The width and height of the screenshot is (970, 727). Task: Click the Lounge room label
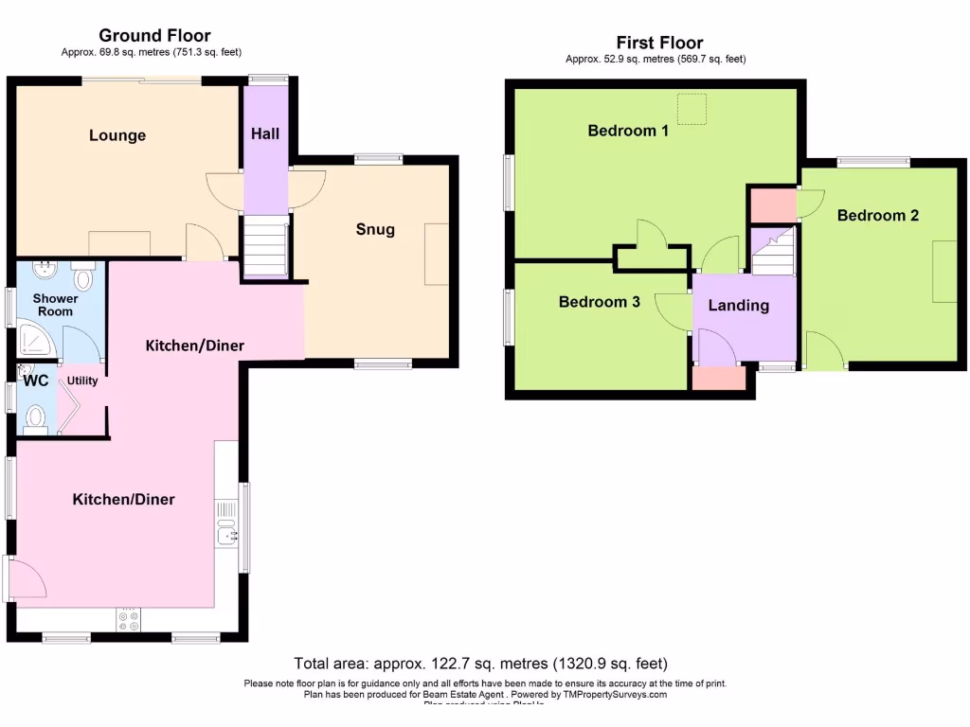click(117, 135)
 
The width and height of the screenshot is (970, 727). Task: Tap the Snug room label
click(375, 229)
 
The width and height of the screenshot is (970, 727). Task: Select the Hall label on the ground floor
click(265, 134)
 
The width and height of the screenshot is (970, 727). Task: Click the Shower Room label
click(55, 305)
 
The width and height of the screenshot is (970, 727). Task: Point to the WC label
click(36, 381)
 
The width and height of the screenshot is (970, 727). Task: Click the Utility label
click(82, 381)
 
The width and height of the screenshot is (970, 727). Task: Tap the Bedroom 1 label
click(628, 131)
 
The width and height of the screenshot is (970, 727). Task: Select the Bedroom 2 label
click(877, 215)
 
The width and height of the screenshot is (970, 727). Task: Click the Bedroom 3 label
click(599, 302)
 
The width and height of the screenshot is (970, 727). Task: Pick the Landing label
click(738, 305)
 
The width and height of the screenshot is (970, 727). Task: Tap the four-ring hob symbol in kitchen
click(127, 620)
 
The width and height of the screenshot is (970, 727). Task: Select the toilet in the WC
click(36, 417)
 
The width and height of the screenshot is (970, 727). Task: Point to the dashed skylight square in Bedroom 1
click(692, 109)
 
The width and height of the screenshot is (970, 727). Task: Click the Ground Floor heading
click(154, 36)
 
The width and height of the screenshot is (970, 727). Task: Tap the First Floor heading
click(659, 43)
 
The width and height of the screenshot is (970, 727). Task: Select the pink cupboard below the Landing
click(718, 378)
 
